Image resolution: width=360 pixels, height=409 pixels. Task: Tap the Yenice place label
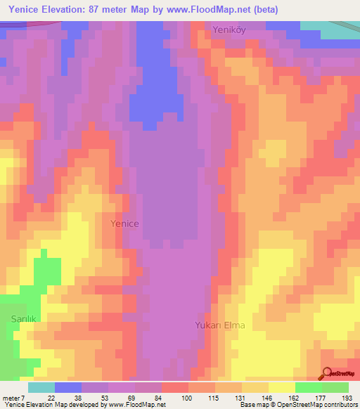pyautogui.click(x=125, y=223)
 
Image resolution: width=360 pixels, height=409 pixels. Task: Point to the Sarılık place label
pyautogui.click(x=23, y=318)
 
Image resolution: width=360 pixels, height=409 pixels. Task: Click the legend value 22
pyautogui.click(x=51, y=397)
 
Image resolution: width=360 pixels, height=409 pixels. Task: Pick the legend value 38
pyautogui.click(x=78, y=397)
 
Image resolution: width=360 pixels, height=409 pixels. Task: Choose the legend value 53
pyautogui.click(x=105, y=397)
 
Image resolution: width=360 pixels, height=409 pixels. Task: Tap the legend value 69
pyautogui.click(x=131, y=397)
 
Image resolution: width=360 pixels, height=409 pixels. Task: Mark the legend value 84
pyautogui.click(x=158, y=397)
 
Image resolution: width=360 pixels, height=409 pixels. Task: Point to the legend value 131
pyautogui.click(x=240, y=397)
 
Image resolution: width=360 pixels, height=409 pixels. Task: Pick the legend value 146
pyautogui.click(x=266, y=397)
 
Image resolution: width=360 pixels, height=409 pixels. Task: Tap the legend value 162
pyautogui.click(x=293, y=397)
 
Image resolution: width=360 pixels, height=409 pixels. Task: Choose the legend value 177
pyautogui.click(x=320, y=397)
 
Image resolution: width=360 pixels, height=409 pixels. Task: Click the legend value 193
pyautogui.click(x=347, y=397)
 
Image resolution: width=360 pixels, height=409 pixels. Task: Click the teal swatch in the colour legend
pyautogui.click(x=41, y=387)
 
